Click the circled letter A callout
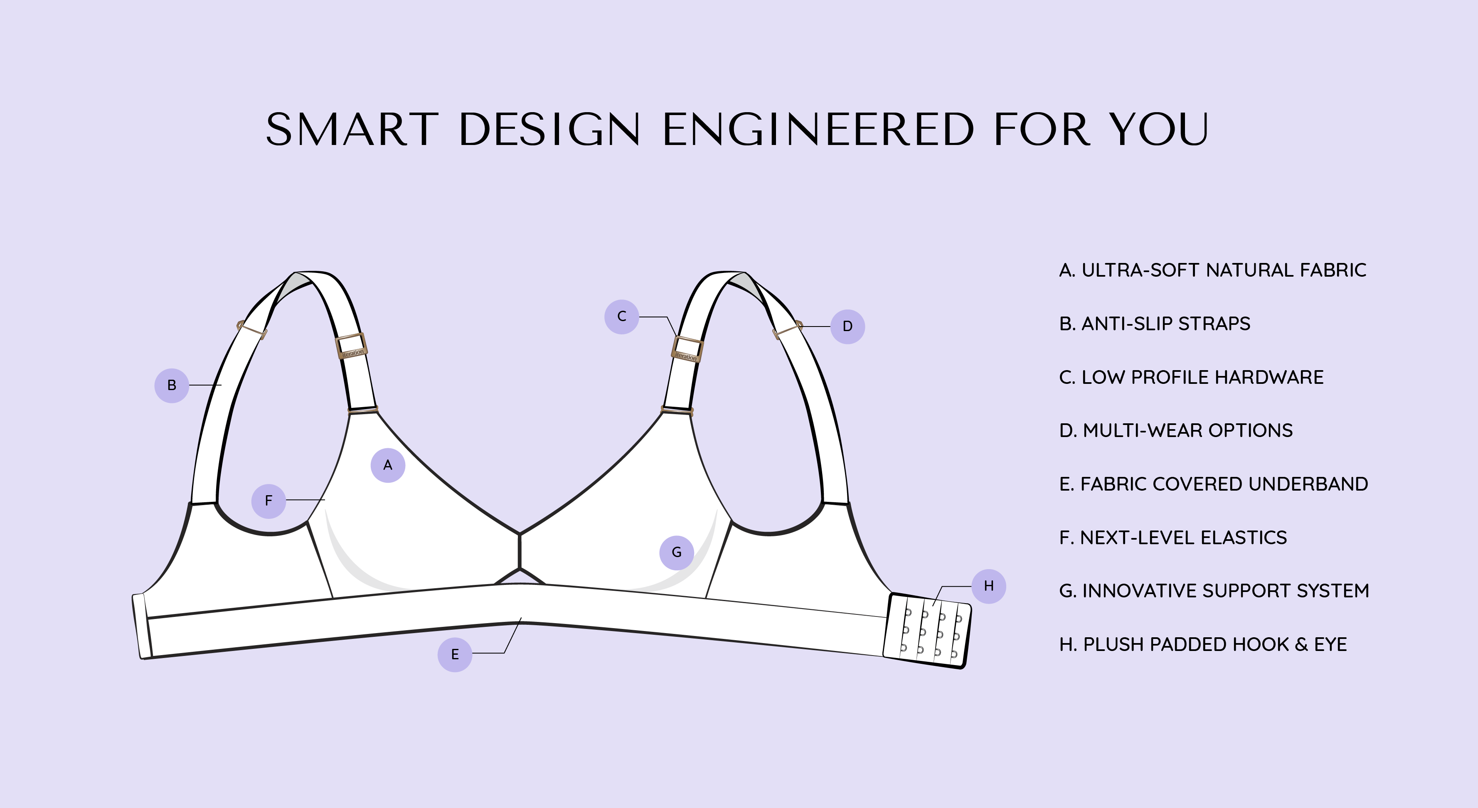(388, 465)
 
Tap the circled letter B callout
(172, 386)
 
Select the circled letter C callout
(621, 316)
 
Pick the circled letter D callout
(847, 326)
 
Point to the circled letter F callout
(269, 501)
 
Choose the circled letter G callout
(677, 552)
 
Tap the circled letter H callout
(988, 585)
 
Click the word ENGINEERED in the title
(818, 129)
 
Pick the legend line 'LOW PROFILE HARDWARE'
(1191, 377)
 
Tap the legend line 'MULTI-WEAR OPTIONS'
(1176, 431)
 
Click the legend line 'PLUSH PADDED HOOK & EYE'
(1202, 645)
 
